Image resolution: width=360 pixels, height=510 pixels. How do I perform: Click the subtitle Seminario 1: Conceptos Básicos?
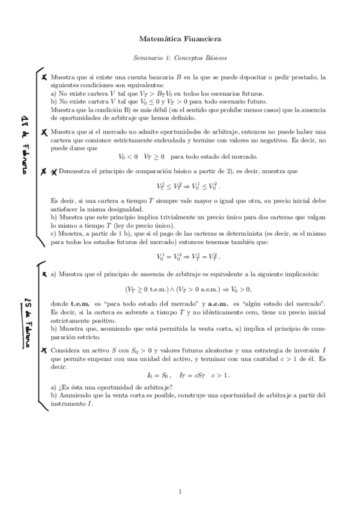point(180,58)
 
